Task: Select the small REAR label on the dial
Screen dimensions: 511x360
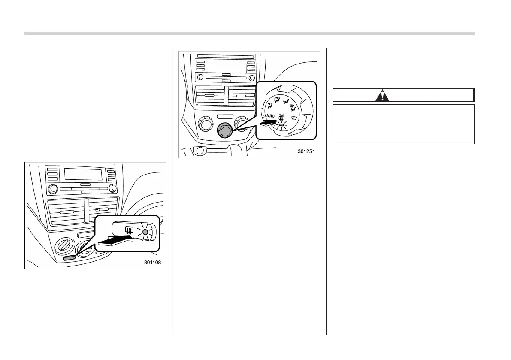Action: [x=281, y=115]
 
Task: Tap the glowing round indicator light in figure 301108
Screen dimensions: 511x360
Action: [x=145, y=232]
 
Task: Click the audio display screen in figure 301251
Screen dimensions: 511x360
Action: [x=226, y=66]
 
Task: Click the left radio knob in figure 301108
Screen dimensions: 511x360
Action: [x=53, y=188]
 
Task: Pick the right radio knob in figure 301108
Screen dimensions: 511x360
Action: [x=112, y=188]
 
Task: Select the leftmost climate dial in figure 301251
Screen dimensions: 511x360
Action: [x=205, y=125]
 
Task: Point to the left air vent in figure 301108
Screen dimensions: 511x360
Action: [x=67, y=212]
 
